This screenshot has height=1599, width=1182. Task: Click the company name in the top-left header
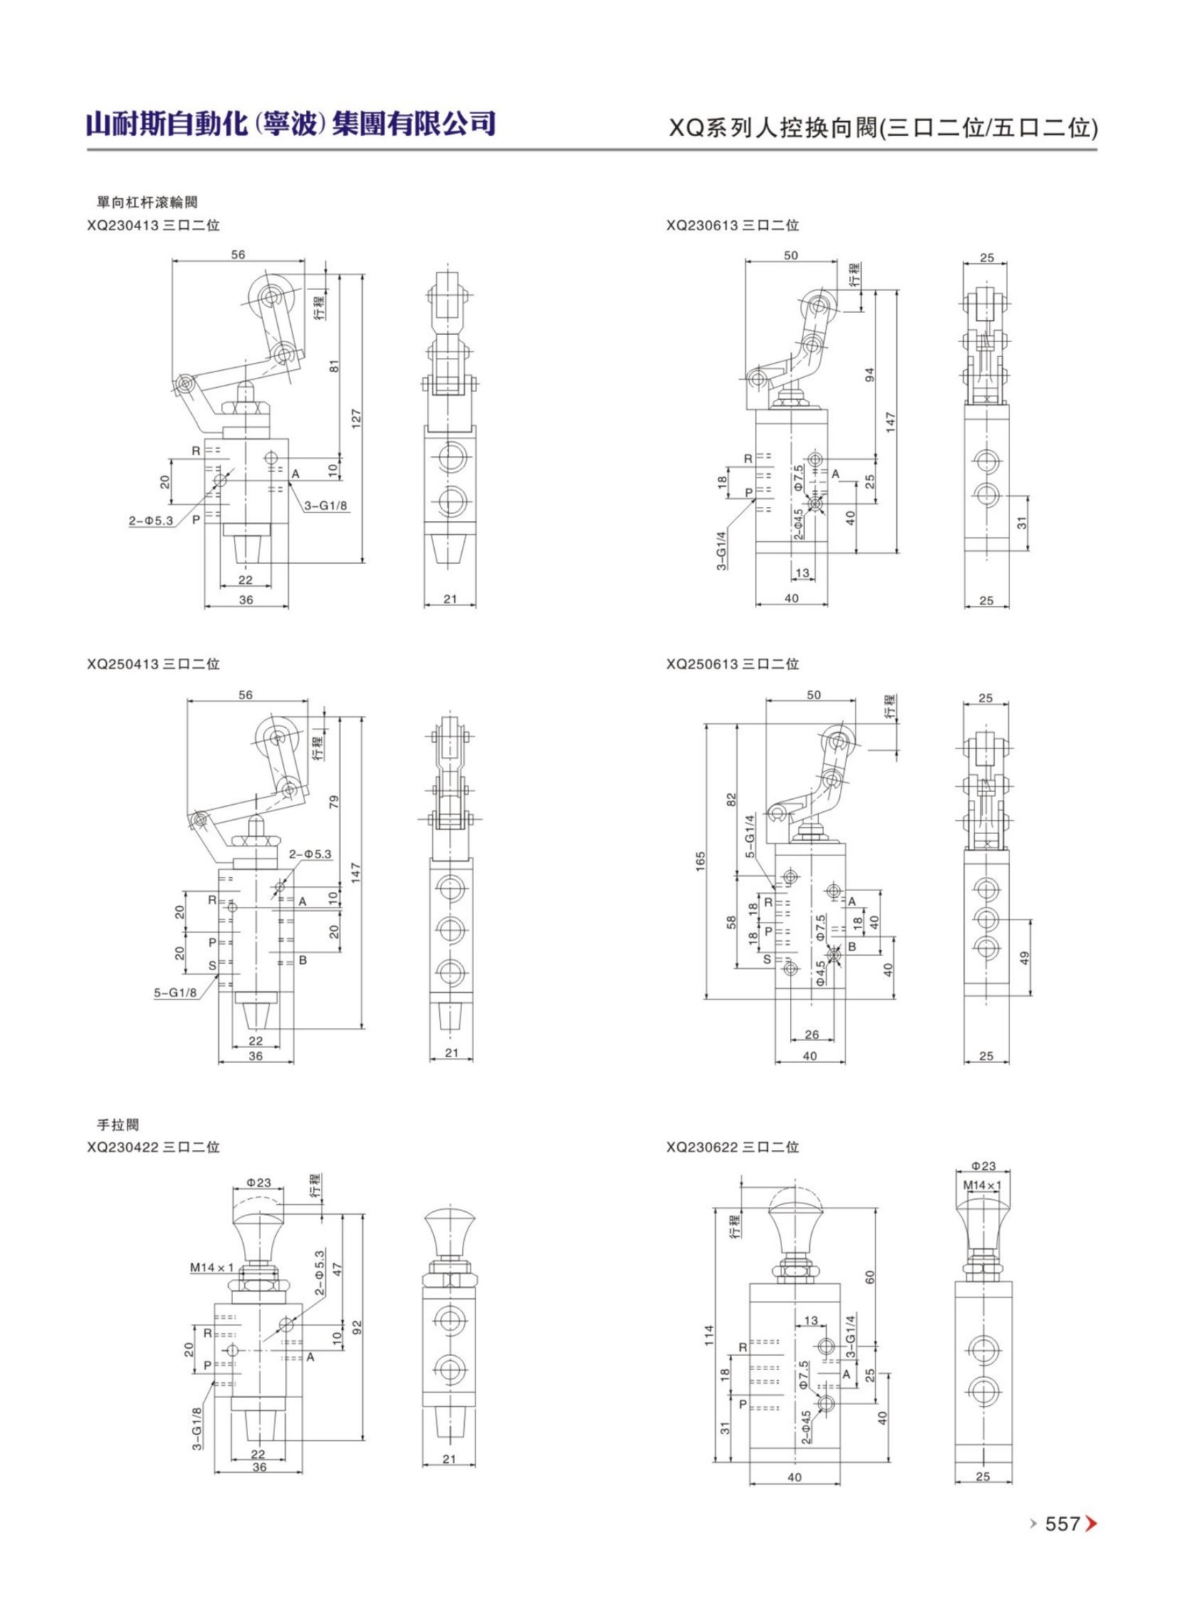coord(290,123)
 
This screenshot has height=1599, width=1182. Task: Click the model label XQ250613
coord(702,664)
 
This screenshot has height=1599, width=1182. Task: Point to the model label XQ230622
coord(702,1148)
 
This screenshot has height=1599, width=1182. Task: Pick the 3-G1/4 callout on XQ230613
coord(722,549)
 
